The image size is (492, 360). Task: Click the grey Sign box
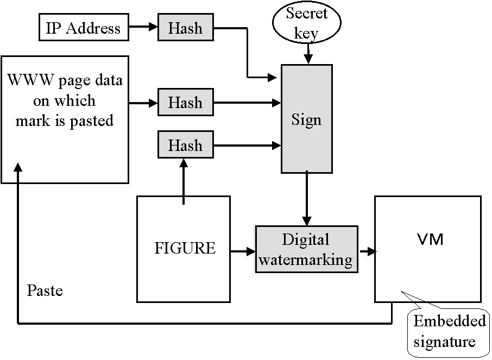coord(307,119)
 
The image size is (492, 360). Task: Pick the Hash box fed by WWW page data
coord(185,102)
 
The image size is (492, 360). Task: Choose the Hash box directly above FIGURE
coord(185,145)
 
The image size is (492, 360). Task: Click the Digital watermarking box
coord(306,249)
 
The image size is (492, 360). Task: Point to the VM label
coord(427,239)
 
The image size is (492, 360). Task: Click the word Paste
coord(45,290)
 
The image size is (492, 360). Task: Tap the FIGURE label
coord(185,249)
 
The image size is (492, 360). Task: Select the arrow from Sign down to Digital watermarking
coord(307,199)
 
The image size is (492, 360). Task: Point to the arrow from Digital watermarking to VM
coord(367,251)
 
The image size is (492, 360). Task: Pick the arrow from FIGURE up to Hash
coord(184,182)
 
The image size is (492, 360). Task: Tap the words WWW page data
coord(65,81)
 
